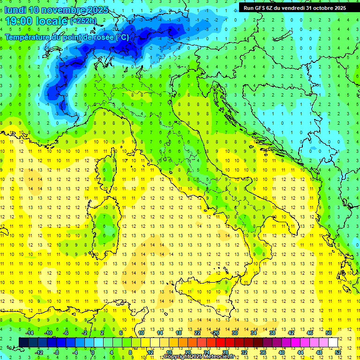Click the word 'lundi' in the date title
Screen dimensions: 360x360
point(15,10)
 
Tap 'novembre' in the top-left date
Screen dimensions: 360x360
point(63,10)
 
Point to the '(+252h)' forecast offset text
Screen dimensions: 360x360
point(83,21)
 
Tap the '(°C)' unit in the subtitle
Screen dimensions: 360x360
point(122,37)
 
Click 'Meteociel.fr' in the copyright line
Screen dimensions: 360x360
point(217,357)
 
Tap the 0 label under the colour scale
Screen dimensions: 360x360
point(93,352)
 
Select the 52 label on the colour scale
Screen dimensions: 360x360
point(338,352)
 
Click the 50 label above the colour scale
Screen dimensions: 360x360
point(329,333)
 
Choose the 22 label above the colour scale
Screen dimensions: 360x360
point(197,333)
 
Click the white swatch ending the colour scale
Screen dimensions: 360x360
point(333,342)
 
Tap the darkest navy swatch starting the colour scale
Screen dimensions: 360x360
point(24,342)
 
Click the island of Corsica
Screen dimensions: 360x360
point(108,171)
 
